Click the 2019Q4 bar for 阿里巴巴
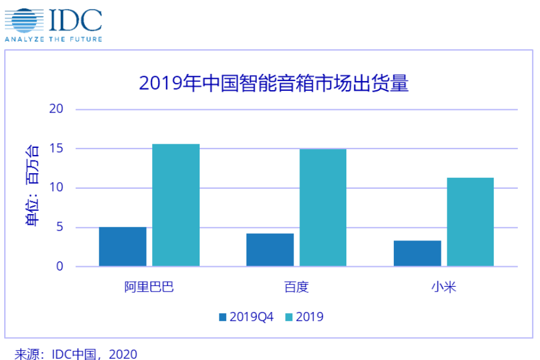point(123,246)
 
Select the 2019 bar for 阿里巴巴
point(176,205)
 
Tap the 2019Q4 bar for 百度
point(270,249)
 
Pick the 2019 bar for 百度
point(323,207)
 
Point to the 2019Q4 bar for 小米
point(417,253)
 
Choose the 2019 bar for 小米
point(470,222)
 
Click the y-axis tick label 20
point(57,109)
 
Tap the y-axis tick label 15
point(57,148)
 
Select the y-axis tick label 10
point(57,188)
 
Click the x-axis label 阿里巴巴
point(149,287)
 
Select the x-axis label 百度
point(296,287)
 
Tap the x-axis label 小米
point(443,287)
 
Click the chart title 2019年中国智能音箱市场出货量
point(274,82)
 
